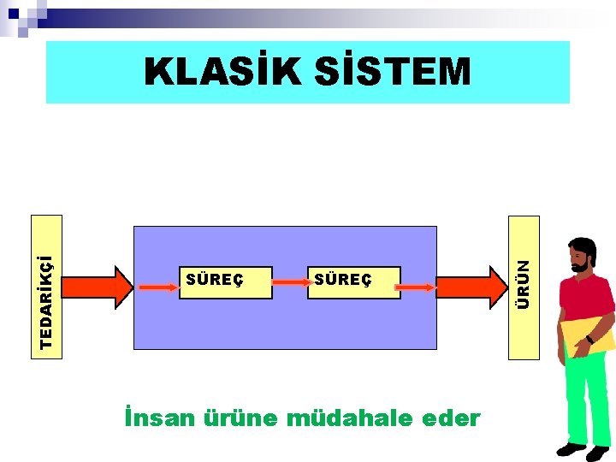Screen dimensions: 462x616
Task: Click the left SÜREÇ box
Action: (225, 281)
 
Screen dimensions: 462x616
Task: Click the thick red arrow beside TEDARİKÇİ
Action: (95, 286)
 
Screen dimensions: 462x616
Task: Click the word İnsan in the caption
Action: (159, 418)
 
